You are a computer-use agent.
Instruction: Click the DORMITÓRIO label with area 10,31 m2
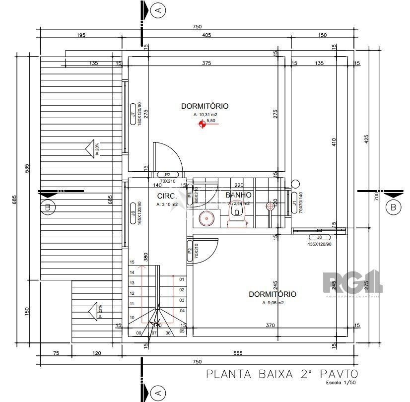tap(205, 106)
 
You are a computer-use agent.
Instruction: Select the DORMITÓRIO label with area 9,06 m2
tap(273, 294)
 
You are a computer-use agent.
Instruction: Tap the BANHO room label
tap(238, 195)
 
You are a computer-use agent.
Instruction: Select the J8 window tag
tap(319, 237)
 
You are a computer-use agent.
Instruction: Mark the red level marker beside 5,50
tap(202, 125)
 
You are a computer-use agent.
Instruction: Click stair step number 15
tap(132, 262)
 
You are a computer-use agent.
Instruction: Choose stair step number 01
tap(182, 279)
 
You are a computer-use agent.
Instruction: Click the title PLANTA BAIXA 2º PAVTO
tap(281, 374)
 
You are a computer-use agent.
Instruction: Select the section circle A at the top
tap(158, 9)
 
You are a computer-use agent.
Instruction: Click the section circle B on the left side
tap(48, 207)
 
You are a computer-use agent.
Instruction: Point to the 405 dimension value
tap(207, 35)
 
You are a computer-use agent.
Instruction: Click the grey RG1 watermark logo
tap(352, 283)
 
